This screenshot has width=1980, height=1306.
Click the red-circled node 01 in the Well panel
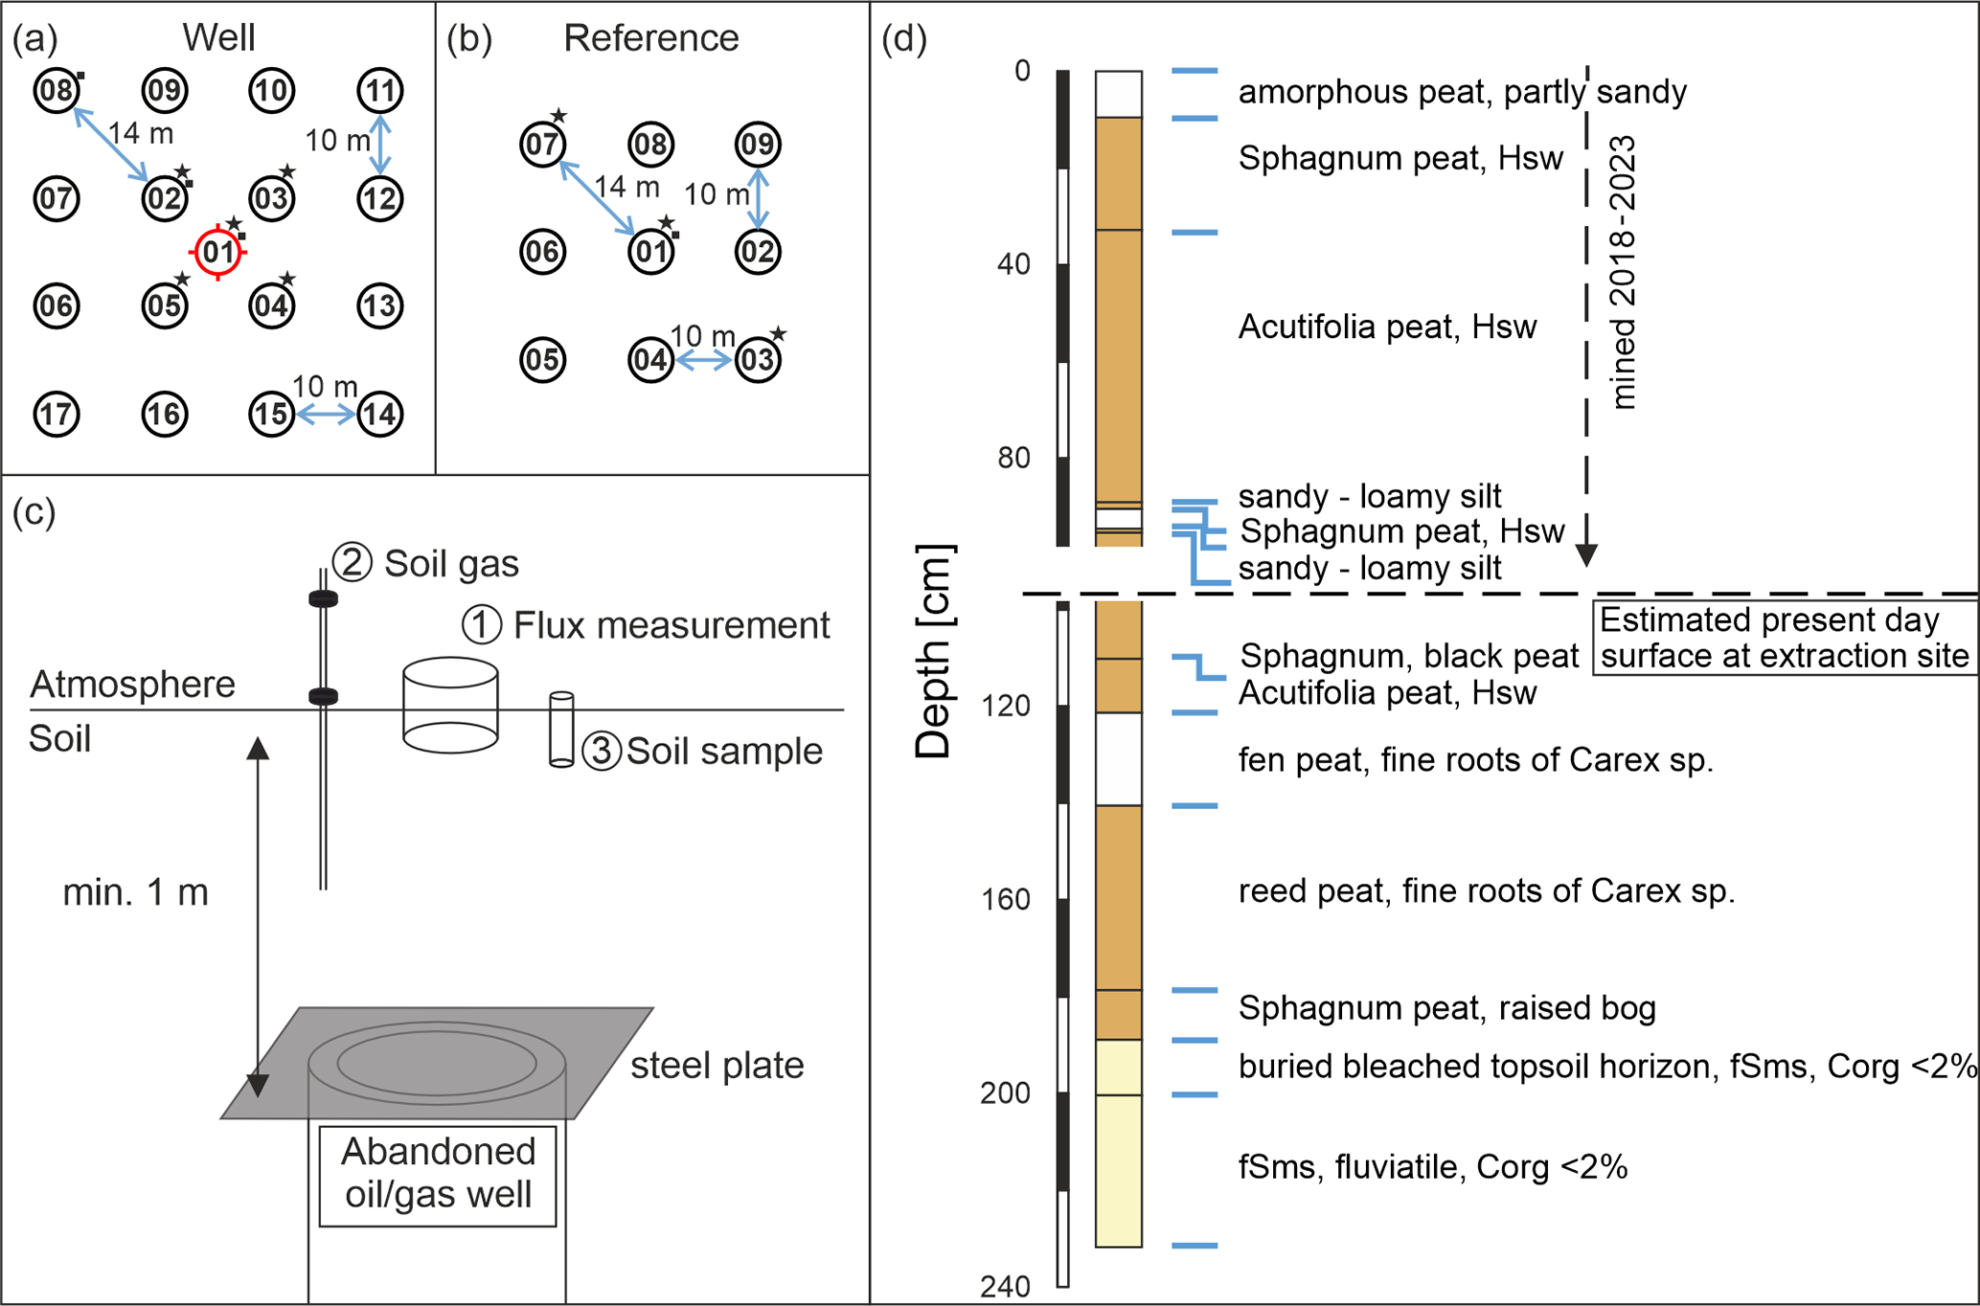coord(218,253)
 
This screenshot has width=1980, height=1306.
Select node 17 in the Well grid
coord(57,415)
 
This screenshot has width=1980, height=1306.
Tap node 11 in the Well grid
coord(380,91)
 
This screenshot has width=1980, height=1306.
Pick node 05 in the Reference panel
coord(542,360)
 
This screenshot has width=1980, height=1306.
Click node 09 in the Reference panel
coord(758,145)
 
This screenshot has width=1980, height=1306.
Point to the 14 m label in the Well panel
coord(141,134)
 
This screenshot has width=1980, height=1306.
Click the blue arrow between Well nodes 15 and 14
coord(326,415)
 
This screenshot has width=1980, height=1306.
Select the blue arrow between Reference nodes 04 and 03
coord(704,361)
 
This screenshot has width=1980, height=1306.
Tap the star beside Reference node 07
coord(559,117)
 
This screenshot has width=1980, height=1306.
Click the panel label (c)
coord(34,513)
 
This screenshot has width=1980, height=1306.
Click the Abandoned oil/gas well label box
coord(438,1175)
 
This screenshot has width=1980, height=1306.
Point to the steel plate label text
coord(717,1066)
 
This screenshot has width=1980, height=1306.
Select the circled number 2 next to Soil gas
coord(352,563)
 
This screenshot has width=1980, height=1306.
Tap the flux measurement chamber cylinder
coord(450,706)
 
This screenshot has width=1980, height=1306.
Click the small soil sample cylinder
coord(561,730)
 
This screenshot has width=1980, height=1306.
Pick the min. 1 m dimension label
coord(135,892)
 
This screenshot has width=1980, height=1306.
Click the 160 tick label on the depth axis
coord(1005,900)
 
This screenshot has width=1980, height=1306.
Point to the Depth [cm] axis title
coord(933,651)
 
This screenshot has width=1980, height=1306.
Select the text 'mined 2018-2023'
coord(1623,273)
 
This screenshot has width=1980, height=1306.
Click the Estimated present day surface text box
coord(1785,638)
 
